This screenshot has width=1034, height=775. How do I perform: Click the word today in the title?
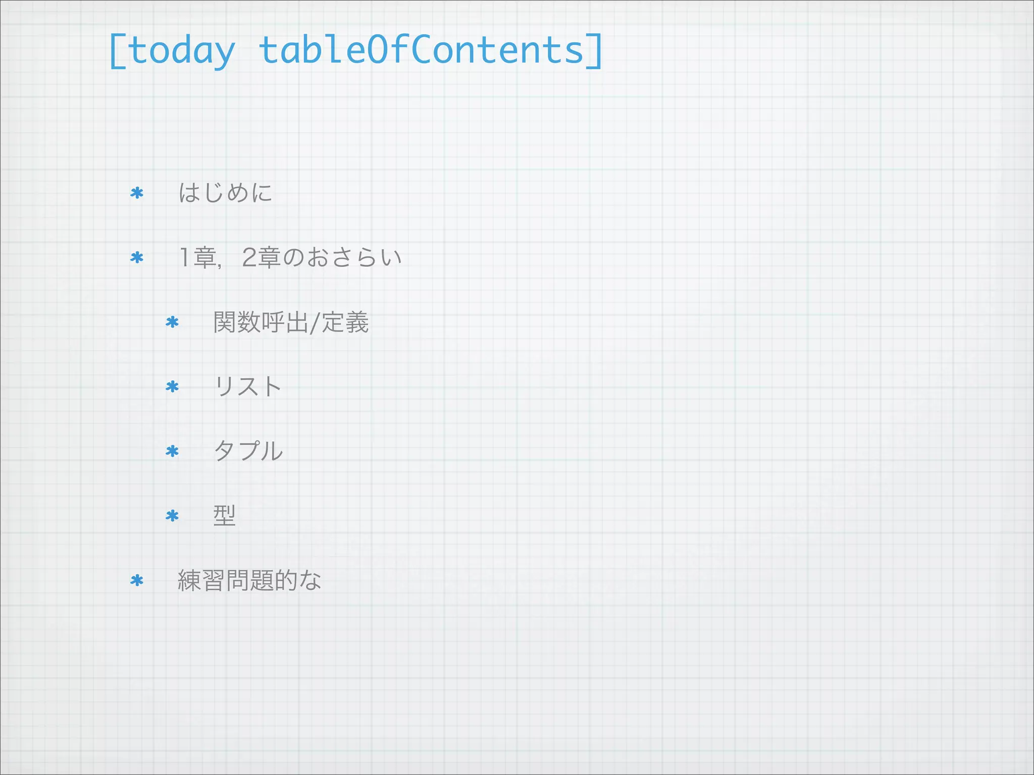point(181,51)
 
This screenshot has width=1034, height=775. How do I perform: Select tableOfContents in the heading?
point(421,50)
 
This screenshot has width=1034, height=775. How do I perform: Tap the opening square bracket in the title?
point(117,51)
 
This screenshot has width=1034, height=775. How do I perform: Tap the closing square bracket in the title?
point(594,51)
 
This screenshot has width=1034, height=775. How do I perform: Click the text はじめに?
point(225,193)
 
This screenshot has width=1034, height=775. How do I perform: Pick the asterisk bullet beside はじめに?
point(137,193)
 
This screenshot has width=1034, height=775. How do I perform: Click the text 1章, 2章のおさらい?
point(290,257)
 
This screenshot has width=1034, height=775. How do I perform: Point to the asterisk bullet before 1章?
point(137,258)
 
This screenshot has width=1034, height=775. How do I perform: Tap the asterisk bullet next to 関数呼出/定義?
point(172,322)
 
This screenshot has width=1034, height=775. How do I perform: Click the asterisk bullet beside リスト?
point(172,387)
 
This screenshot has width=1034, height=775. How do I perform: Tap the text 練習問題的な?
point(249,580)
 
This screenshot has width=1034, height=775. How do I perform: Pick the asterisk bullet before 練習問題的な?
point(137,581)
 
